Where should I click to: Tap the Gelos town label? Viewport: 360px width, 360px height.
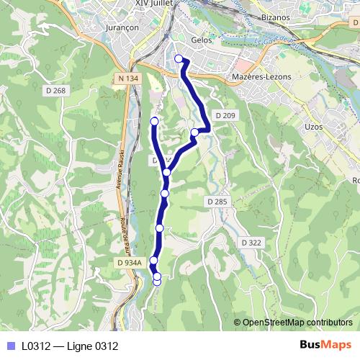pos(202,40)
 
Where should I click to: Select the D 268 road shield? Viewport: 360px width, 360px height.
pos(55,91)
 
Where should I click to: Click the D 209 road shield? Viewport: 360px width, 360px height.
pos(225,115)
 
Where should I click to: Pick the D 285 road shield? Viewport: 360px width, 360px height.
pos(216,202)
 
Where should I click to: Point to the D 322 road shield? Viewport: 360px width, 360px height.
pos(251,243)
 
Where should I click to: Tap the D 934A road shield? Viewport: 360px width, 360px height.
pos(128,264)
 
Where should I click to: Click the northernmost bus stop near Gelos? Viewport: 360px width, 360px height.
pos(179,58)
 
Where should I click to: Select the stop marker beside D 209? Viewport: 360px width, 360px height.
pos(195,132)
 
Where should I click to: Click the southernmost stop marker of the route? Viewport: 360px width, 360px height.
pos(158,282)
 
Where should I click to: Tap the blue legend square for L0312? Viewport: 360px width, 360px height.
pos(10,346)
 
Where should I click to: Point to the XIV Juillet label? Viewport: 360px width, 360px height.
pos(151,4)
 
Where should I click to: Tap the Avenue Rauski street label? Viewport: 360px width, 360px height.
pos(120,169)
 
